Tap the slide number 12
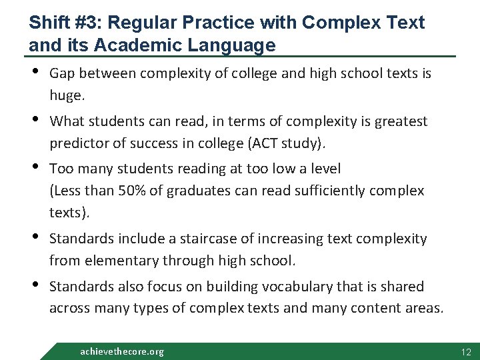[x=466, y=351]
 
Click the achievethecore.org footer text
[x=122, y=351]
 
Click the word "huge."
[x=67, y=96]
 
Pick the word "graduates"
[x=197, y=191]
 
